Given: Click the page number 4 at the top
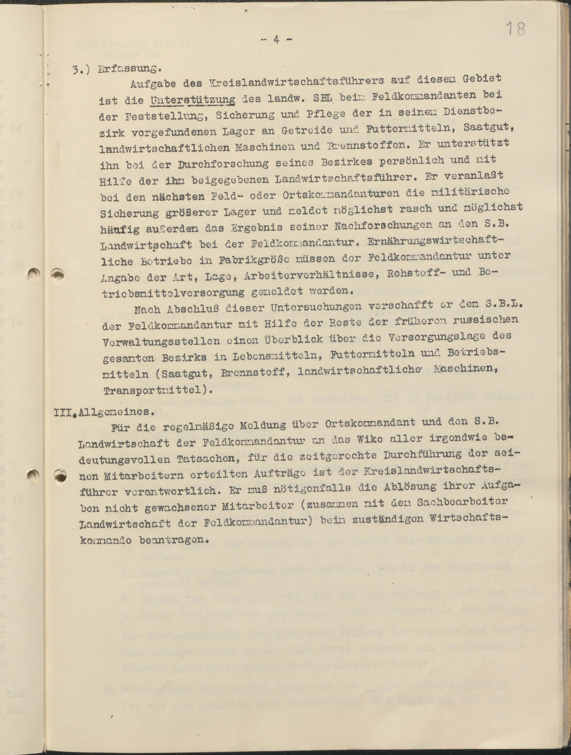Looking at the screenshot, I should tap(276, 40).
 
